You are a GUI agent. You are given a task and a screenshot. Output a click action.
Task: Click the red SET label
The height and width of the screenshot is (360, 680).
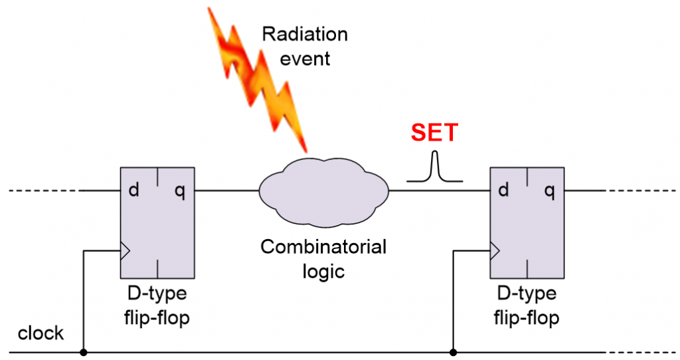(x=434, y=133)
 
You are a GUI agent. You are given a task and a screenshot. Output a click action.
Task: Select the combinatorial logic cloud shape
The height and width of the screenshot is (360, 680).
(x=323, y=191)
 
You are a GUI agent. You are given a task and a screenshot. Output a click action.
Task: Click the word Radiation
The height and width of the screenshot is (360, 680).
(x=304, y=35)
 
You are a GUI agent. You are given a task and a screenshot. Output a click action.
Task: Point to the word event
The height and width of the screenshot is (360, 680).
(x=305, y=58)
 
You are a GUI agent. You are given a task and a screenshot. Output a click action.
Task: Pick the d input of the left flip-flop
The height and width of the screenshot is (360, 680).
(x=134, y=191)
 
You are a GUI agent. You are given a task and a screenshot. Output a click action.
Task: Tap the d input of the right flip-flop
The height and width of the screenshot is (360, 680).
(x=503, y=191)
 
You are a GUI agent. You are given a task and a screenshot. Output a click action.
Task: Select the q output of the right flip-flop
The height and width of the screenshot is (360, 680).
(x=549, y=191)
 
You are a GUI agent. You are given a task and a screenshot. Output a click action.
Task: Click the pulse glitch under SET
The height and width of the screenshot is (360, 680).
(x=435, y=167)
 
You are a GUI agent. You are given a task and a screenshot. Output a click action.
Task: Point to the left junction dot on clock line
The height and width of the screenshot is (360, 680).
(x=83, y=352)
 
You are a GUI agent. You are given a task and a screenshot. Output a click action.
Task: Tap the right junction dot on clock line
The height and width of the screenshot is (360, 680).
(x=453, y=352)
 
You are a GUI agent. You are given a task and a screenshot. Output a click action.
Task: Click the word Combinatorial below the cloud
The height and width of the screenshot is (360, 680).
(x=323, y=248)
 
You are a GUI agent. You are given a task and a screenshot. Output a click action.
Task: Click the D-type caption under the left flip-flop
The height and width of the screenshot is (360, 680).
(x=157, y=294)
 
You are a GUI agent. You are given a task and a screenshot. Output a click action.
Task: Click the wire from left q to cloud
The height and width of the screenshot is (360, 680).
(x=226, y=191)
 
